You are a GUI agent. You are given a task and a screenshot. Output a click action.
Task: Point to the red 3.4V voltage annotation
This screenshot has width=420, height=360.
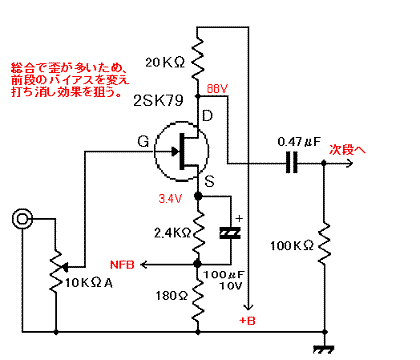click(172, 198)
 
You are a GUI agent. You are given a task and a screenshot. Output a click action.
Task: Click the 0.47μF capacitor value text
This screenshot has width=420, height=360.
click(297, 142)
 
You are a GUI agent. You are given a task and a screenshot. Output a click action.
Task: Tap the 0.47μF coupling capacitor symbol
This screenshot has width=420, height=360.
click(291, 164)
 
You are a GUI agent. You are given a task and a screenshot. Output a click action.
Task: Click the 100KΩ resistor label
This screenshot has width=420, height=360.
click(291, 244)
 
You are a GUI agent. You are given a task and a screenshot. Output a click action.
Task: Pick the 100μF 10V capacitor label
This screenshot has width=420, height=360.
click(227, 280)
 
